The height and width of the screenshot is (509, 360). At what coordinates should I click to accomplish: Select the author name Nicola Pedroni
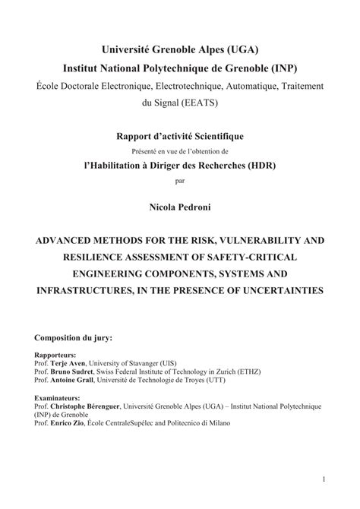[180, 205]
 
